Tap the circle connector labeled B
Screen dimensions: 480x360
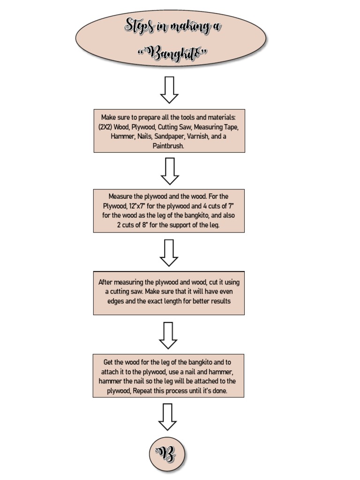[168, 454]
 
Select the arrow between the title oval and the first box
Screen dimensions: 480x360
[169, 90]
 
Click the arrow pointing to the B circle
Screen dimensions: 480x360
[167, 417]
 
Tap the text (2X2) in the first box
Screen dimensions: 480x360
[107, 127]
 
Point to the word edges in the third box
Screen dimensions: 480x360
[115, 301]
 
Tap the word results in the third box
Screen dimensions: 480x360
[220, 301]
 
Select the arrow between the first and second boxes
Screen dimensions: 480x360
[170, 171]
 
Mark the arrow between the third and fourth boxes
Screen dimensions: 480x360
[168, 335]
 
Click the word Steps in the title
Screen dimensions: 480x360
[140, 26]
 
